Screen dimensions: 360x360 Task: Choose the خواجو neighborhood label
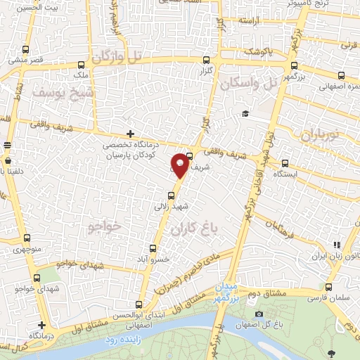(x=106, y=226)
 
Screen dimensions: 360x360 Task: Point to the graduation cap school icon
(x=245, y=114)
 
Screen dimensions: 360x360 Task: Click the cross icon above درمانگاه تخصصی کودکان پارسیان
(x=129, y=134)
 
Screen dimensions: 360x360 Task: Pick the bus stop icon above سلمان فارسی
(x=329, y=287)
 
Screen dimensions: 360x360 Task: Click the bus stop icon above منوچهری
(x=27, y=238)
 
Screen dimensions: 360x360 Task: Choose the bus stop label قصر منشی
(x=26, y=60)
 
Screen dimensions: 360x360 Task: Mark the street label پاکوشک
(x=259, y=53)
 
